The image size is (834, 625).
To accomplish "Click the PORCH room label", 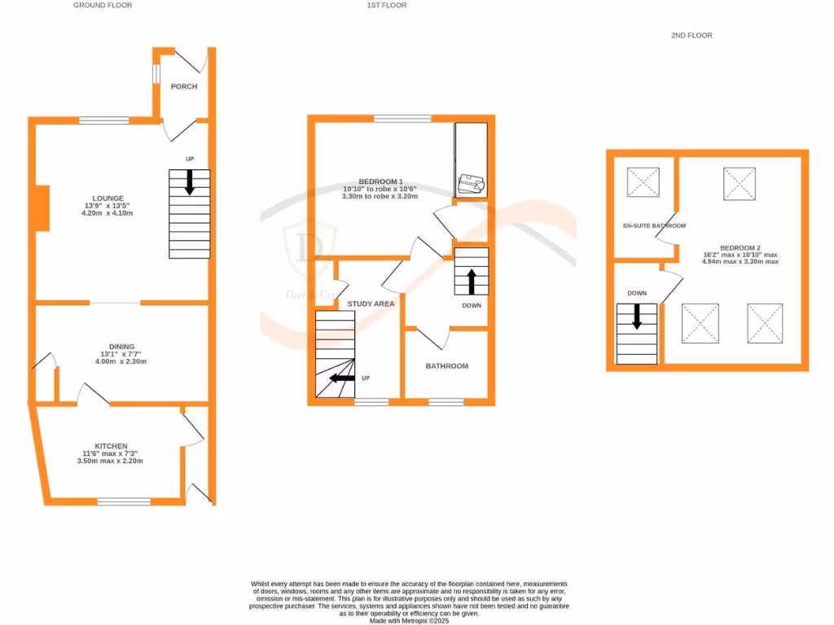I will pyautogui.click(x=183, y=86).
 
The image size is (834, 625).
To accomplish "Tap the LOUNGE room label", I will pyautogui.click(x=108, y=198).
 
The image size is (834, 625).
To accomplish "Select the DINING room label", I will pyautogui.click(x=117, y=346).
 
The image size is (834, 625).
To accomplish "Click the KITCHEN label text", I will pyautogui.click(x=111, y=446).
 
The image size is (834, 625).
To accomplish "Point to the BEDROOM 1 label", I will pyautogui.click(x=380, y=181).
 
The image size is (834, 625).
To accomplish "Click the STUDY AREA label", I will pyautogui.click(x=371, y=304).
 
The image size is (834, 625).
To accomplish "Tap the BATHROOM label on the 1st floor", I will pyautogui.click(x=447, y=366).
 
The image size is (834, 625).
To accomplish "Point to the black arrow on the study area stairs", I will pyautogui.click(x=341, y=378).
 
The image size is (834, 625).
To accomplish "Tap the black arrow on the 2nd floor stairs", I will pyautogui.click(x=637, y=316).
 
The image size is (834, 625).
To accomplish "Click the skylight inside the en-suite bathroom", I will pyautogui.click(x=643, y=182).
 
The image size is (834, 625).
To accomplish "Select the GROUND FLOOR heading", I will pyautogui.click(x=103, y=5).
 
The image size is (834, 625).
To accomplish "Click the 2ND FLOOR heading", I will pyautogui.click(x=691, y=35).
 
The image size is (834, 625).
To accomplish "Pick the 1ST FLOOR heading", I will pyautogui.click(x=386, y=5).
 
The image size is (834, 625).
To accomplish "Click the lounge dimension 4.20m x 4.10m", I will pyautogui.click(x=108, y=213).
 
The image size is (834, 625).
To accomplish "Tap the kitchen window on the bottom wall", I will pyautogui.click(x=124, y=501).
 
